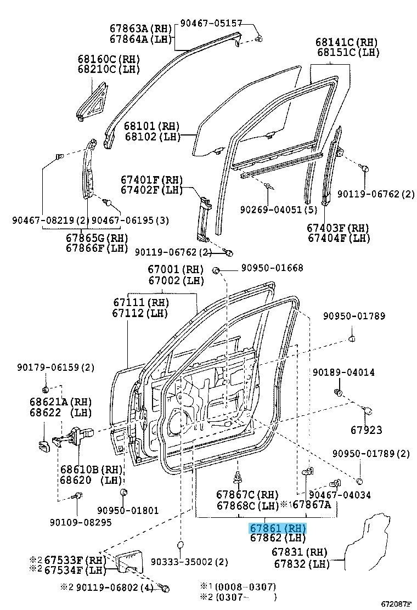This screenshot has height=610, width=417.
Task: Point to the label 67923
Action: (367, 431)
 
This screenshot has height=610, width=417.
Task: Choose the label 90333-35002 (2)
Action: (189, 562)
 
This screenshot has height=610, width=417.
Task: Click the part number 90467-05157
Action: (212, 23)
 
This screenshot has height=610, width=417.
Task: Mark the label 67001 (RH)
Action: (175, 269)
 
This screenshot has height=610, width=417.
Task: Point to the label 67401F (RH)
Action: (151, 180)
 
